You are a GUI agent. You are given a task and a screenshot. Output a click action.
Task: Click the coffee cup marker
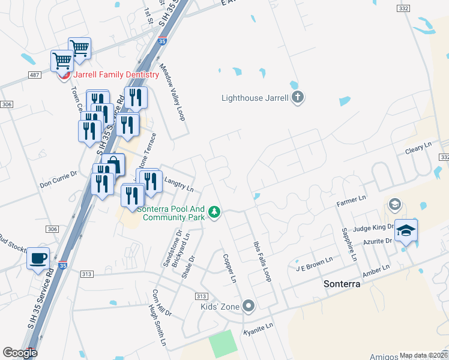point(39,259)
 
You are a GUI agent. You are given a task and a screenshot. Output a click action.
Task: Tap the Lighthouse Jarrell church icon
point(298,98)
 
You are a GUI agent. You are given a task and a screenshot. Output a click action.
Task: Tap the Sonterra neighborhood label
point(342,284)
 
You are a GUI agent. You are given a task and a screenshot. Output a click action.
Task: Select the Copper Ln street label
point(230,268)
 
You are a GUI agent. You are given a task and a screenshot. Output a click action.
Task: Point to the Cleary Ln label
point(418,146)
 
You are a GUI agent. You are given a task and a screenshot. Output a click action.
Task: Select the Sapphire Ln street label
point(349,244)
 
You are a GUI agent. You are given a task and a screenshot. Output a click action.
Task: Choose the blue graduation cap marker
point(406,230)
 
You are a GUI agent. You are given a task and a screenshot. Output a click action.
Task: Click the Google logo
point(20,353)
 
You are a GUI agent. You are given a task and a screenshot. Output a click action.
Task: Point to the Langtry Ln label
point(178,185)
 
